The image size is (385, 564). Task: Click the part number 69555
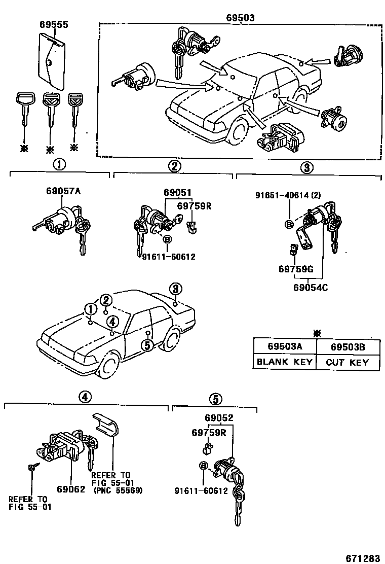coord(54,24)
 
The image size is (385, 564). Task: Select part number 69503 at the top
coord(240,18)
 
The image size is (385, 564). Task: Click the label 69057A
coord(63,191)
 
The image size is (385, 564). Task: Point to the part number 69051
coord(177,192)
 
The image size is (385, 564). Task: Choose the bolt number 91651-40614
coord(282,195)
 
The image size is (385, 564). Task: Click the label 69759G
coord(296,269)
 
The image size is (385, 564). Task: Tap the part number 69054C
coord(311,288)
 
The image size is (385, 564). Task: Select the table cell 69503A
coord(285,346)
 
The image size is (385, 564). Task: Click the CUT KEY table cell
coord(348,362)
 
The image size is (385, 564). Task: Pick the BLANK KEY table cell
coord(285,362)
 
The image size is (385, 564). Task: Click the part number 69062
coord(71,489)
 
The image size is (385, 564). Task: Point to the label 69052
coord(219,417)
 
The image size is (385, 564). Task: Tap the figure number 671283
coord(362,558)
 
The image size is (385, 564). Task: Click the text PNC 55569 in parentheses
coord(117,490)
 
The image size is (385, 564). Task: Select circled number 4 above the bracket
coord(85,397)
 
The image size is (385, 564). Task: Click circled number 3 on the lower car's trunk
coord(175,289)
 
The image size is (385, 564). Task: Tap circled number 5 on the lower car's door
coord(147,345)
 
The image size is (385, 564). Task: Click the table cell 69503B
coord(348,346)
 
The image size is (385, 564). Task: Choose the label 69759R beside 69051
coord(195,206)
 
